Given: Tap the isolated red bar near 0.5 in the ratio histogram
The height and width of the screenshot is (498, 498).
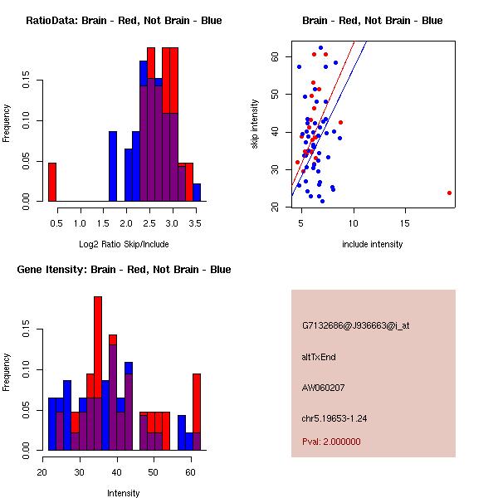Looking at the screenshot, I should pos(52,182).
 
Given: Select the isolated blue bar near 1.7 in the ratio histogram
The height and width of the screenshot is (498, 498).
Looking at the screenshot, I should pos(113,166).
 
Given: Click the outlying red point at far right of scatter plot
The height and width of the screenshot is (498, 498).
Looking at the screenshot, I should pos(449,193).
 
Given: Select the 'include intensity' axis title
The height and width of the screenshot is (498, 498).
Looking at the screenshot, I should pos(372,244).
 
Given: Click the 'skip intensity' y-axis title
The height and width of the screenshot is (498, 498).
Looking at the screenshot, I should pos(255,124).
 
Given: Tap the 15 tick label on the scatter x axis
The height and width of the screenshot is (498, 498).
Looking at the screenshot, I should pos(404,223).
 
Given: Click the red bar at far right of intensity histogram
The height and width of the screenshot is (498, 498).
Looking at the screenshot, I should pos(197,412).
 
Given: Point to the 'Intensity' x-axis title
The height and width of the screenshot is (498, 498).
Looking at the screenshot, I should pos(124,493).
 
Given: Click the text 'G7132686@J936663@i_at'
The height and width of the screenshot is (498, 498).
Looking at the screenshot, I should pos(356,325).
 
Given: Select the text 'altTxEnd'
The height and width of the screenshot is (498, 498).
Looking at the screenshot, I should pos(319,357).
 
